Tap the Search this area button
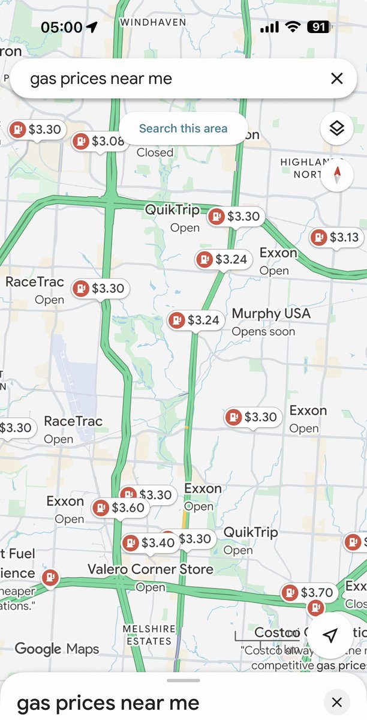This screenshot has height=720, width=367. pos(183,128)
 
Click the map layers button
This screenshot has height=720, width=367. pos(337,128)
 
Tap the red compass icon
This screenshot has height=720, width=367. pos(337,175)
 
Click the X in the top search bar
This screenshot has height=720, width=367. pos(337,79)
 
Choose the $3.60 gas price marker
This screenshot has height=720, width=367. pos(119,508)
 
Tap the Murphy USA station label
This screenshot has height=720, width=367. pos(271,314)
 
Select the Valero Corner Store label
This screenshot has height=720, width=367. pos(150,569)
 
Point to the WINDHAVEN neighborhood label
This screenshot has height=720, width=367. pos(153,22)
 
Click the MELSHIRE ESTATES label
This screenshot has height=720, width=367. pos(149,635)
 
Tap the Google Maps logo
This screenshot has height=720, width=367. pos(56,649)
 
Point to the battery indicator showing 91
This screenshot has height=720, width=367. pos(318,27)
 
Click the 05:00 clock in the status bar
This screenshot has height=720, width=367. pos(61,28)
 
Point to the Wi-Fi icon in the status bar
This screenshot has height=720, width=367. pos(293,27)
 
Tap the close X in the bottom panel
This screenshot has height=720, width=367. pos(337,702)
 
